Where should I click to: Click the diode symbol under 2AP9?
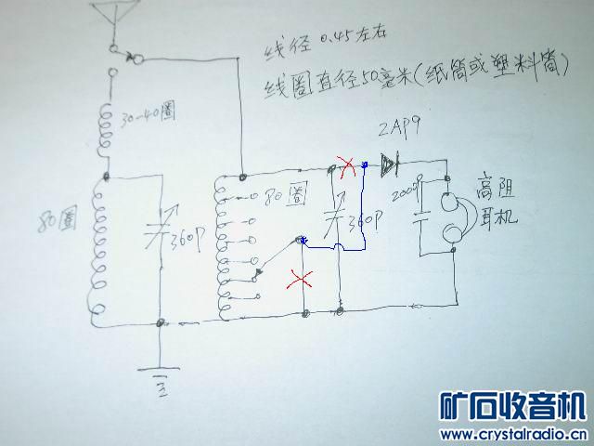[387, 165]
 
